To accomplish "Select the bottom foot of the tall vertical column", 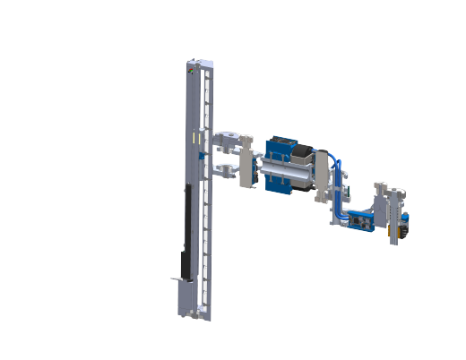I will (x=195, y=314).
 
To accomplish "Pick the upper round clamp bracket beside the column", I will (x=230, y=140).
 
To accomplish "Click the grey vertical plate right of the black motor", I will (x=321, y=172).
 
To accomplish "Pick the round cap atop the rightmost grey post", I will (x=379, y=186).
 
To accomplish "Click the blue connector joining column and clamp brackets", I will (x=204, y=158).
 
